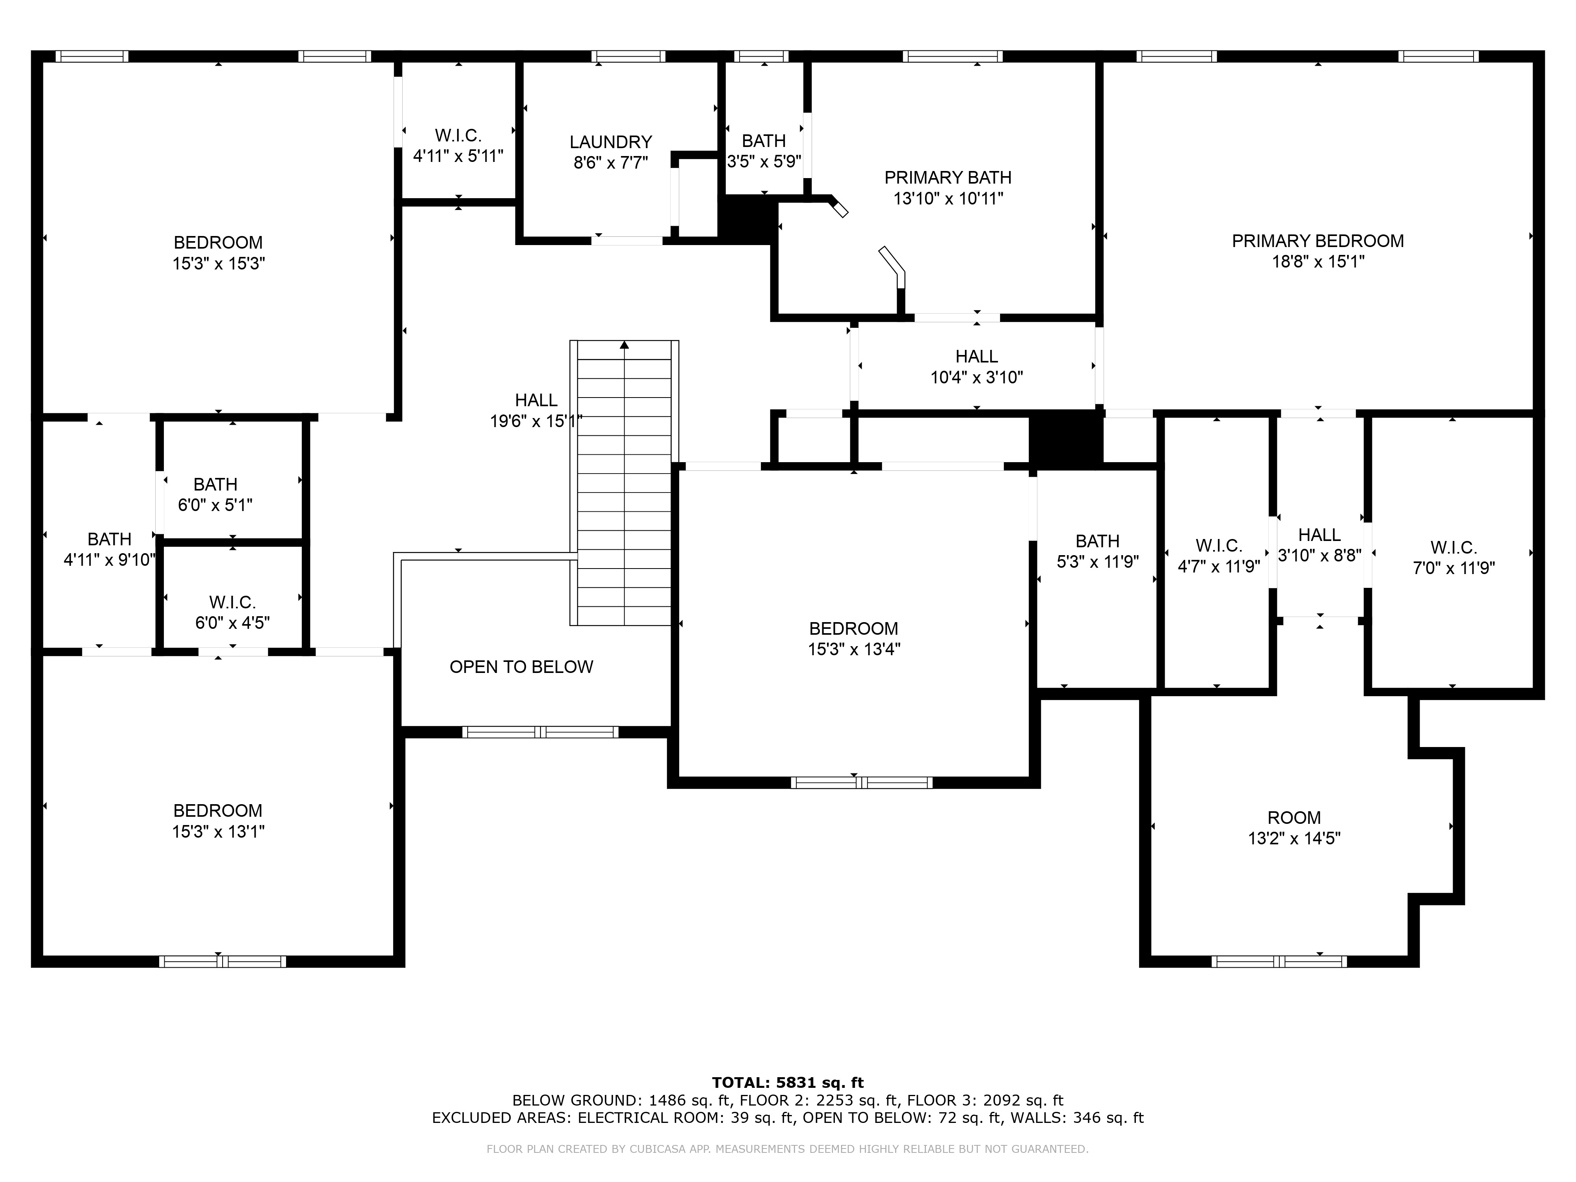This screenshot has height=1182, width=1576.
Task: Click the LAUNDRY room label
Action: coord(611,142)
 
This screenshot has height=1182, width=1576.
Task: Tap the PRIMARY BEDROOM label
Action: coord(1318,241)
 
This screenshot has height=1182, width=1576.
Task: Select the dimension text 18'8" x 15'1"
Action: coord(1318,262)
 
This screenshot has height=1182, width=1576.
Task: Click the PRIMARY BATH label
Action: coord(948,177)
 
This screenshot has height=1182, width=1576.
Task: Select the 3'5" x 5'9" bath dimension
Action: coord(764,162)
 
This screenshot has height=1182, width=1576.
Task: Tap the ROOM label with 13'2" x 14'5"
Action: coord(1294,818)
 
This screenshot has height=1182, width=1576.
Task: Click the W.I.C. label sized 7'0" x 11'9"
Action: coord(1453,548)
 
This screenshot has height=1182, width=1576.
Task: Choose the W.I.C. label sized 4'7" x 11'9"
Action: coord(1219,546)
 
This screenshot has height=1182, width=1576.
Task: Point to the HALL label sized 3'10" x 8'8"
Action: coord(1320,535)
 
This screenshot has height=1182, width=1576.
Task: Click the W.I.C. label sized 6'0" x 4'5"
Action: coord(232,603)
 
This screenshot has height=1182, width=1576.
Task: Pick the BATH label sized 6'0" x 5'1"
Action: coord(215,485)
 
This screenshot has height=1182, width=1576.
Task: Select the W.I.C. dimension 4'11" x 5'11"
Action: coord(458,156)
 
